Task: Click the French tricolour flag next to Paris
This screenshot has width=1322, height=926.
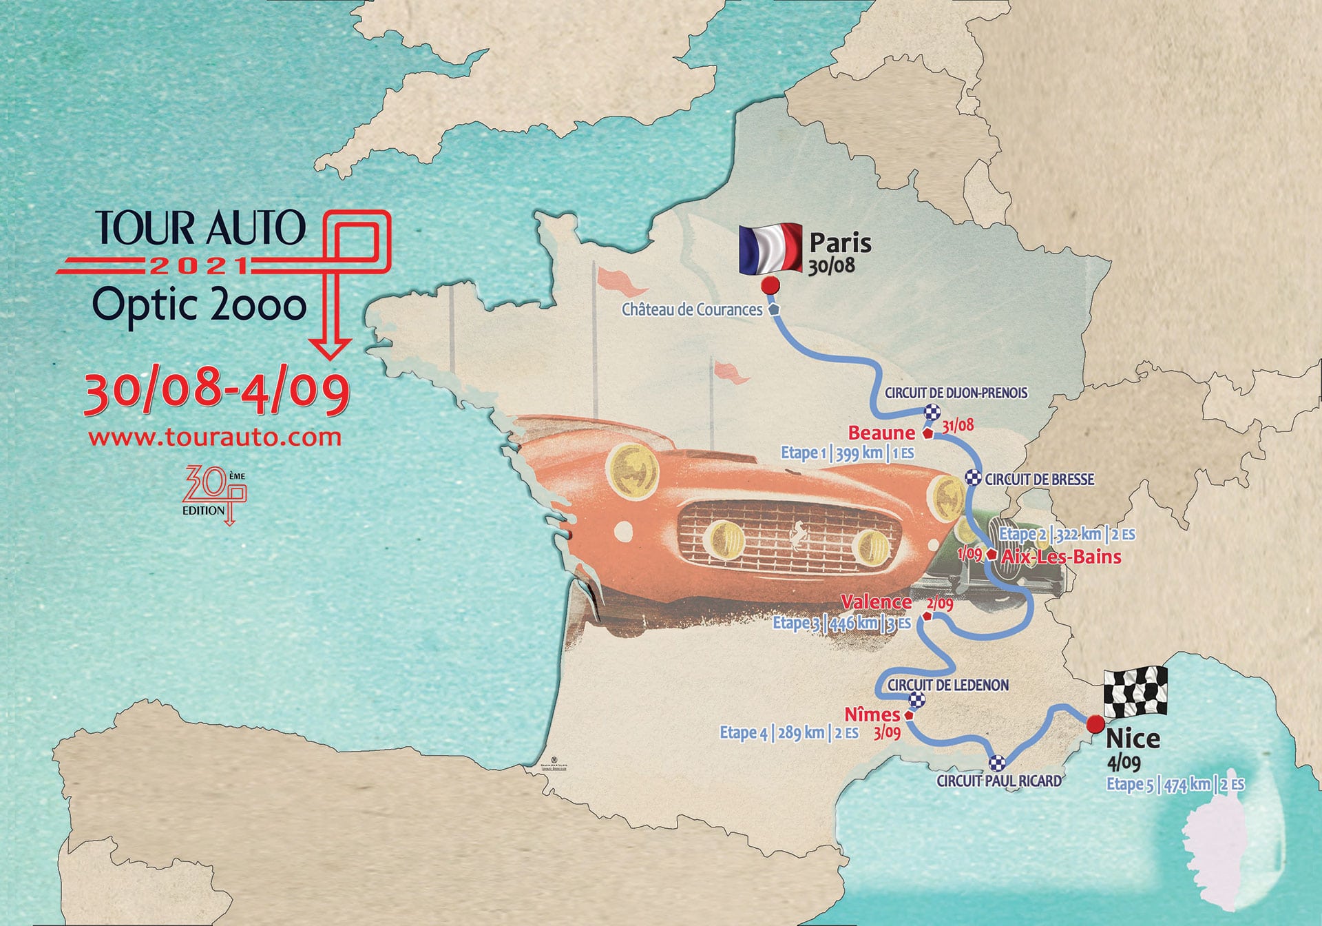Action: coord(770,248)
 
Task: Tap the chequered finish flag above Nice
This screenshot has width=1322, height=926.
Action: coord(1135,691)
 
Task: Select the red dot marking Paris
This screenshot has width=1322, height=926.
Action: coord(770,285)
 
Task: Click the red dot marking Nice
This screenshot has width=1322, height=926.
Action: coord(1094,725)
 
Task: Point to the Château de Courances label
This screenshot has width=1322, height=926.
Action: coord(692,310)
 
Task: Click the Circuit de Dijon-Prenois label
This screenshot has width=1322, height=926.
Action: coord(956,393)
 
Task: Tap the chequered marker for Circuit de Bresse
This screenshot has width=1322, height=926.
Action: coord(973,477)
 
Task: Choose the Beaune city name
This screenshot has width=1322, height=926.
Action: coord(881,433)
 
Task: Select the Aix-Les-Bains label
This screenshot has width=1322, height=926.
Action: coord(1061,557)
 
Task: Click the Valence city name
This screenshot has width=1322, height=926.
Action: coord(876,602)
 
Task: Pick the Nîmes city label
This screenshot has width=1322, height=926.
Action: coord(872,714)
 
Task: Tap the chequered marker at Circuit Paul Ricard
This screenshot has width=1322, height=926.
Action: coord(997,763)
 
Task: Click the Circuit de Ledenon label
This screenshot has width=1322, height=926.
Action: coord(947,685)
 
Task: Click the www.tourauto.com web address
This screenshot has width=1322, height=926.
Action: coord(215,438)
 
